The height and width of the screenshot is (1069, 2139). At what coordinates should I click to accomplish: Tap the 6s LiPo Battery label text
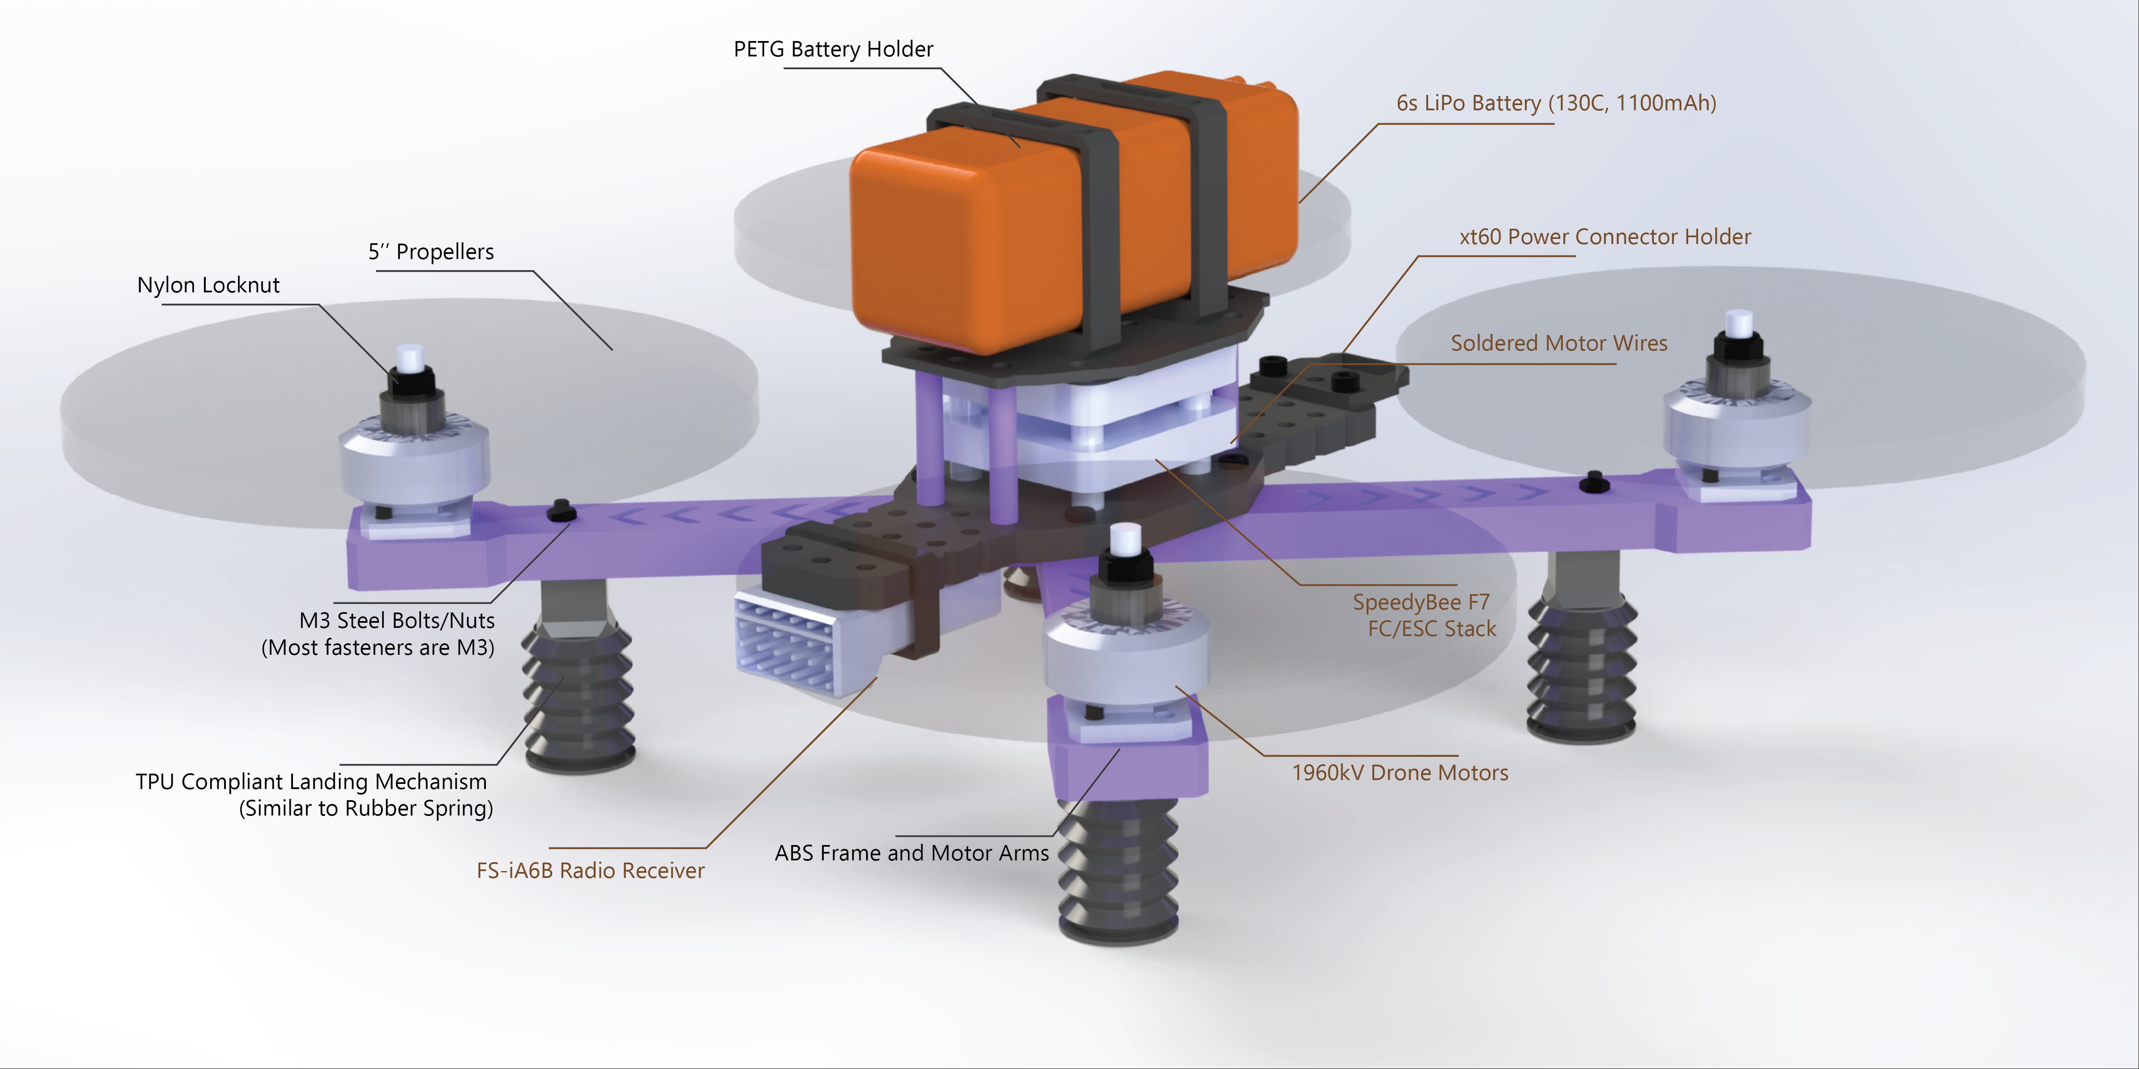(1555, 103)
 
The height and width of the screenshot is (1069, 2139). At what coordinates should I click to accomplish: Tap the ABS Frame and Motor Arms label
(911, 853)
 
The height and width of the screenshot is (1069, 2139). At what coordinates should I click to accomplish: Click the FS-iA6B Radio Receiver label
(589, 871)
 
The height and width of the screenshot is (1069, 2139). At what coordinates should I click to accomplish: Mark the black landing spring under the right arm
(1582, 664)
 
